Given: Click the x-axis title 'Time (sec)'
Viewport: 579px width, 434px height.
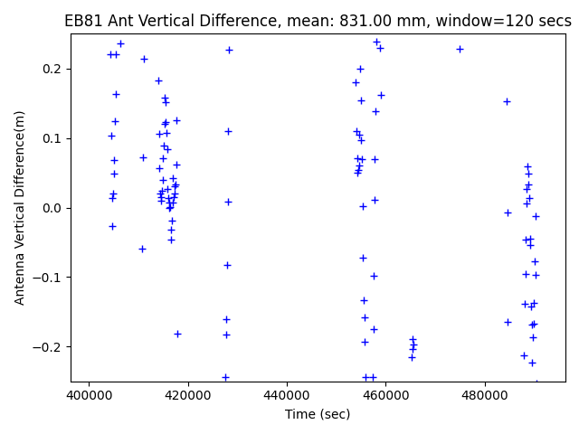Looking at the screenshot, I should [x=318, y=413].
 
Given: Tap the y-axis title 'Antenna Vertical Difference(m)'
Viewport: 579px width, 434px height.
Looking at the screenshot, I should [x=20, y=207].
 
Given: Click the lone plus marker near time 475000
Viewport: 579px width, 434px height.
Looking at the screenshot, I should [x=460, y=49].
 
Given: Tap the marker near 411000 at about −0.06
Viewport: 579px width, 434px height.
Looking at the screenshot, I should [x=142, y=249].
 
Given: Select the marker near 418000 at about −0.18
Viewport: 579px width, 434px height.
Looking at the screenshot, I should [x=177, y=334].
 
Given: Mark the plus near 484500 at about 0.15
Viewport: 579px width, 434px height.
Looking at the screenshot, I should [x=507, y=101].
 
